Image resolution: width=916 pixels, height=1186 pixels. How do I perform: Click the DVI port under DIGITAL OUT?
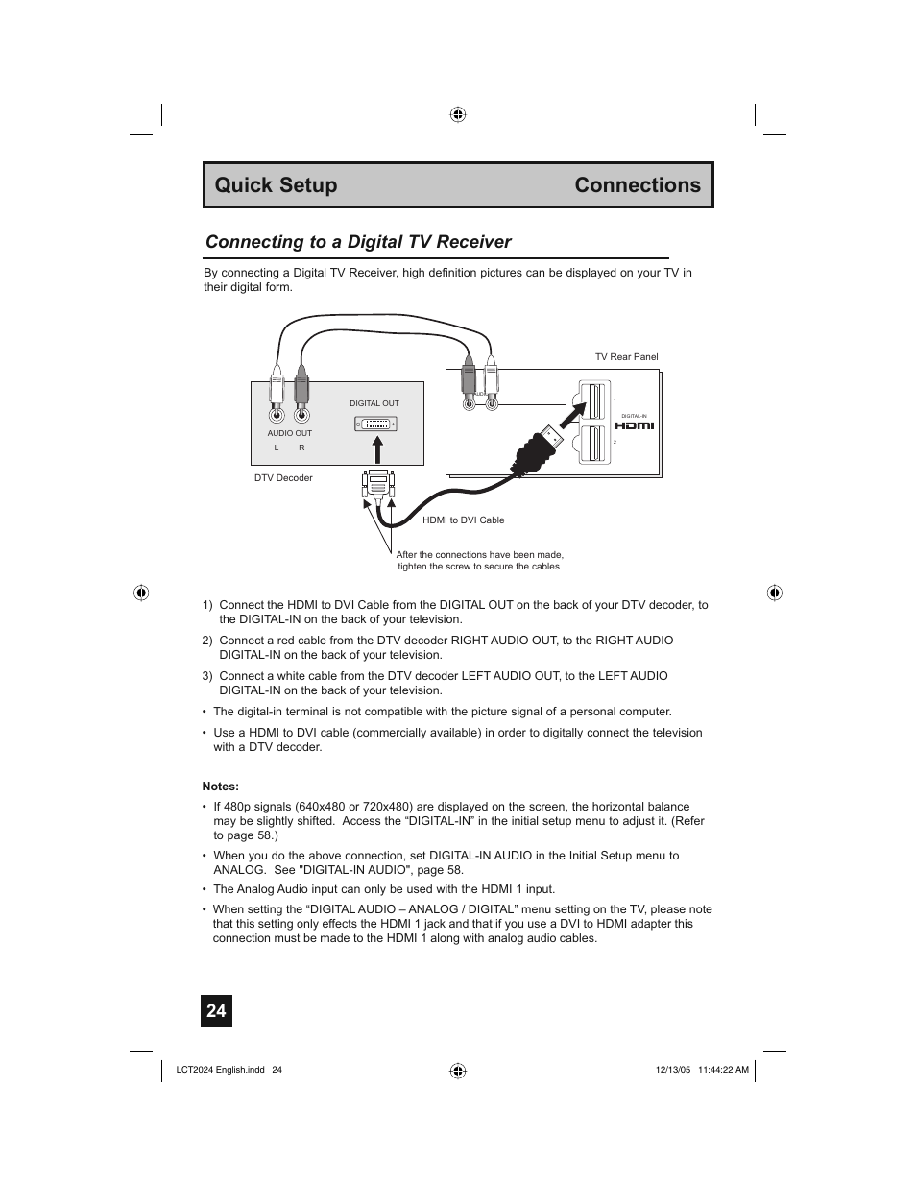(x=375, y=424)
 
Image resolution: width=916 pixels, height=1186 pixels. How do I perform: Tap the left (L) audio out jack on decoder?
(x=277, y=415)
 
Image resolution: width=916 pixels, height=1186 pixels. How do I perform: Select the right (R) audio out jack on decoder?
(x=301, y=415)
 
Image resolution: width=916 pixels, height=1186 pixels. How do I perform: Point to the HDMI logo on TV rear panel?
(x=634, y=425)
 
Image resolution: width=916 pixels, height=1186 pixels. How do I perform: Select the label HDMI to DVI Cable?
(x=463, y=520)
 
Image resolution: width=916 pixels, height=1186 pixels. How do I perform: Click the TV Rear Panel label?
(x=626, y=357)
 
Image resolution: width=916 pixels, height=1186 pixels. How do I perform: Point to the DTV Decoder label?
(x=283, y=478)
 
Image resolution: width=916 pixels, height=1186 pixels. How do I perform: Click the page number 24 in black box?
(x=216, y=1011)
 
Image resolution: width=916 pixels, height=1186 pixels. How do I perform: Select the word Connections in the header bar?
(x=638, y=185)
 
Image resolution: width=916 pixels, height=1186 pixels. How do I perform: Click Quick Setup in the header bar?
(x=276, y=185)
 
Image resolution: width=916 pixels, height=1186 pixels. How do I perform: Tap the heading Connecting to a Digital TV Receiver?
(x=358, y=242)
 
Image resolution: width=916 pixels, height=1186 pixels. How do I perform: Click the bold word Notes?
(x=220, y=787)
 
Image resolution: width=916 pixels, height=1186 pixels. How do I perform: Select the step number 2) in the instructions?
(x=207, y=641)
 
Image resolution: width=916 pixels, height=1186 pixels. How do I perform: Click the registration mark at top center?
(x=458, y=114)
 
